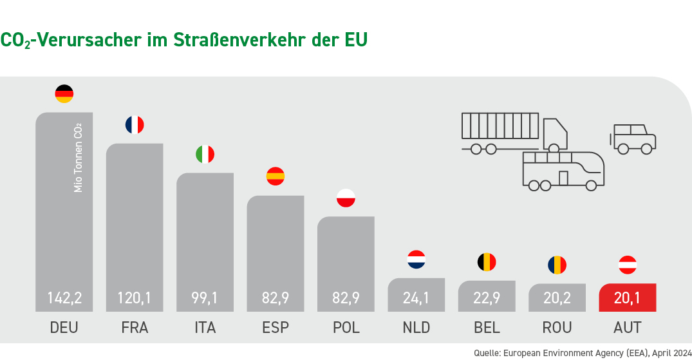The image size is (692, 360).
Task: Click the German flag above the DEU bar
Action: point(64,93)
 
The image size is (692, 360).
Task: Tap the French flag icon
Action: point(135,124)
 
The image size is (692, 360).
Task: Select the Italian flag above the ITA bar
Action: point(205,155)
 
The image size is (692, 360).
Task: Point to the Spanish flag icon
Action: point(276,176)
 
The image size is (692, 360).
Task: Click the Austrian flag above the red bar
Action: point(628,264)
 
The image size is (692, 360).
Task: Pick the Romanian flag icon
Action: point(557,264)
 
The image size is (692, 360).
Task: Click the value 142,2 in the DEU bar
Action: point(64,298)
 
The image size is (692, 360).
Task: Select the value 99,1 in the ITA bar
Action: point(205,298)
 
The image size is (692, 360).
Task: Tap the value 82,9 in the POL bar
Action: point(346,298)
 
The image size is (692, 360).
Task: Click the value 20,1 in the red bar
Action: point(628,298)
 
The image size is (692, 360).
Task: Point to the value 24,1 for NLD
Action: point(416,298)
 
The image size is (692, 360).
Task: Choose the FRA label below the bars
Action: point(135,328)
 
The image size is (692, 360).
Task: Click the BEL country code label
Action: point(487,328)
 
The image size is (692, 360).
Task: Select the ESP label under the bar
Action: point(276,328)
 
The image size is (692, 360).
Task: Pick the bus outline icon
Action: point(563,171)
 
